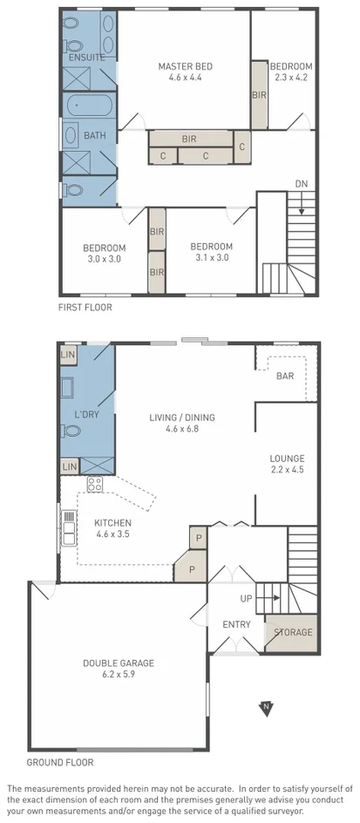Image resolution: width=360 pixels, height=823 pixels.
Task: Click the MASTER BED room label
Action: [185, 66]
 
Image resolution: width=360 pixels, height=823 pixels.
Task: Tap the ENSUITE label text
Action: [86, 58]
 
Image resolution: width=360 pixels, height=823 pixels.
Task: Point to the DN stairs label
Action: [301, 184]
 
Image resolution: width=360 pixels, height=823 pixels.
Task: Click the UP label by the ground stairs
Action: [246, 598]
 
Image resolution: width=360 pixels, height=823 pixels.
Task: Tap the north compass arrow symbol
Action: [266, 709]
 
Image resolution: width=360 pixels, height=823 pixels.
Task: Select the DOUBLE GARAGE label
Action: [119, 663]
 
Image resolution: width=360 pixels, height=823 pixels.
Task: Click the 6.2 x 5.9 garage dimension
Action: [119, 676]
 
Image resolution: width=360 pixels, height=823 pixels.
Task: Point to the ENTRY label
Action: [236, 624]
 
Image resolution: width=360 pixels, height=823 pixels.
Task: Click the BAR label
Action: [284, 377]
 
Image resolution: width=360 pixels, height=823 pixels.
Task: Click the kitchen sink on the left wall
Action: [68, 526]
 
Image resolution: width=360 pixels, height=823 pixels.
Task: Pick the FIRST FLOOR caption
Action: [85, 307]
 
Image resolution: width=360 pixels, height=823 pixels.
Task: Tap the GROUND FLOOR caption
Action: [60, 762]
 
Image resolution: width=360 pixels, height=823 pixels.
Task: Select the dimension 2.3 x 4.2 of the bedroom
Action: [289, 77]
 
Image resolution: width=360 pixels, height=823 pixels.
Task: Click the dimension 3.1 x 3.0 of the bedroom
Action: [211, 258]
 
